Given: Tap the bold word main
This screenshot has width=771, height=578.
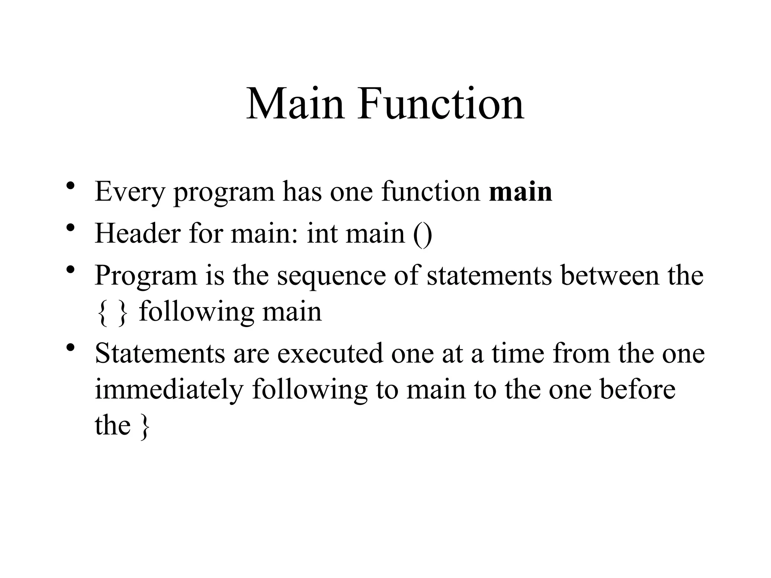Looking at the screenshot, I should pos(520,192).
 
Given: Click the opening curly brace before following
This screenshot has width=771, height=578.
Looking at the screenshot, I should pos(101,313).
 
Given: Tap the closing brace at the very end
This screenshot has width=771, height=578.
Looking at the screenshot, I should pos(144,427).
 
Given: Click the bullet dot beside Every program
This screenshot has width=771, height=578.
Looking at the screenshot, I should pos(70,187).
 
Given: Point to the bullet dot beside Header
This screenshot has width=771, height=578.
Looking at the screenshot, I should pos(70,228).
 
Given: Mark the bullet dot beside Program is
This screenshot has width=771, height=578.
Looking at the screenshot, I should pos(70,270).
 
